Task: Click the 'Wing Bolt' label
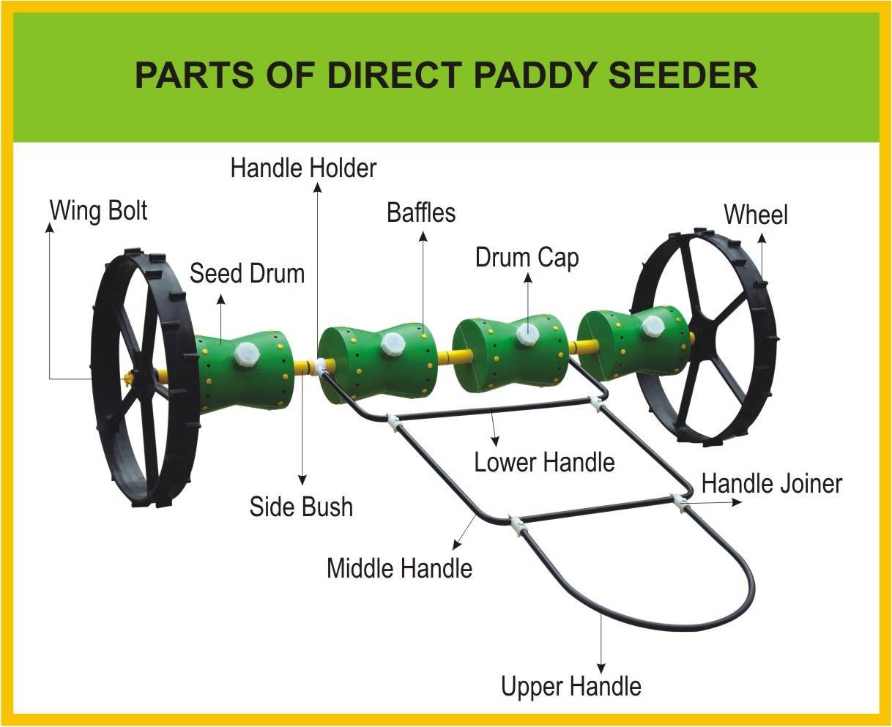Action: coord(98,211)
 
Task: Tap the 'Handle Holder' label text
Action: coord(303,168)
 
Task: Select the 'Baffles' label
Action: coord(421,213)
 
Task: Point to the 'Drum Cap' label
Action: coord(527,258)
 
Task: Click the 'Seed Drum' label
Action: coord(247,274)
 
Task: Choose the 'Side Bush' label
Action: coord(301,507)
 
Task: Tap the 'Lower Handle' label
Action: coord(544,463)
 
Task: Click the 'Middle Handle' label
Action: coord(399,568)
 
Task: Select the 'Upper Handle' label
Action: coord(570,687)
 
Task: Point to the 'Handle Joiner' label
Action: coord(772,484)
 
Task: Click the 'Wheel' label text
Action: coord(756,215)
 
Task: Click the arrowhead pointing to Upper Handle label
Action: coord(601,669)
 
